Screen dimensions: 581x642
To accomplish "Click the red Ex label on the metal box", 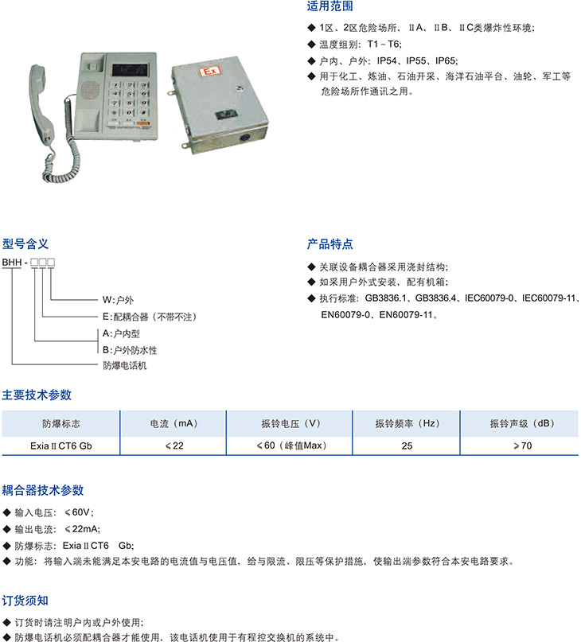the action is pos(210,72).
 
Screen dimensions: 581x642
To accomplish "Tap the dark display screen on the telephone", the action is pos(130,70).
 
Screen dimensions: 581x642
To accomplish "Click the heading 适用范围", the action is pos(329,6).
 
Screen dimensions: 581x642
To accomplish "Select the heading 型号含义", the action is pos(25,244).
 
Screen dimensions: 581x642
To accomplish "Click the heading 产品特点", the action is pos(329,244).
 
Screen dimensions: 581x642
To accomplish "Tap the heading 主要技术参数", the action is pos(37,395).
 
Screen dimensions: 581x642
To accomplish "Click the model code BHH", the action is pos(12,263).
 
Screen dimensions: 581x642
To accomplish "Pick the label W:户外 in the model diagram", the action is pos(118,300).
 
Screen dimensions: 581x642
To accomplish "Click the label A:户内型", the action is pos(121,333).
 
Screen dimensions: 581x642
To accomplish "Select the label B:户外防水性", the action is pos(130,350).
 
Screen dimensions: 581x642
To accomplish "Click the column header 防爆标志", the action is pos(61,423).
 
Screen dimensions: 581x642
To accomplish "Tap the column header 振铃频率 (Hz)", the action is pos(407,423).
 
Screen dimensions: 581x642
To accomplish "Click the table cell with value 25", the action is pos(407,446).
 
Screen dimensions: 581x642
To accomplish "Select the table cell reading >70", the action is pos(522,446).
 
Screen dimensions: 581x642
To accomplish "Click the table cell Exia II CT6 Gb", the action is pos(61,446).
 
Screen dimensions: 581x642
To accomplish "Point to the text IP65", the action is pos(446,61).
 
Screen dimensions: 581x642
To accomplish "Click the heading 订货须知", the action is pos(25,601).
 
